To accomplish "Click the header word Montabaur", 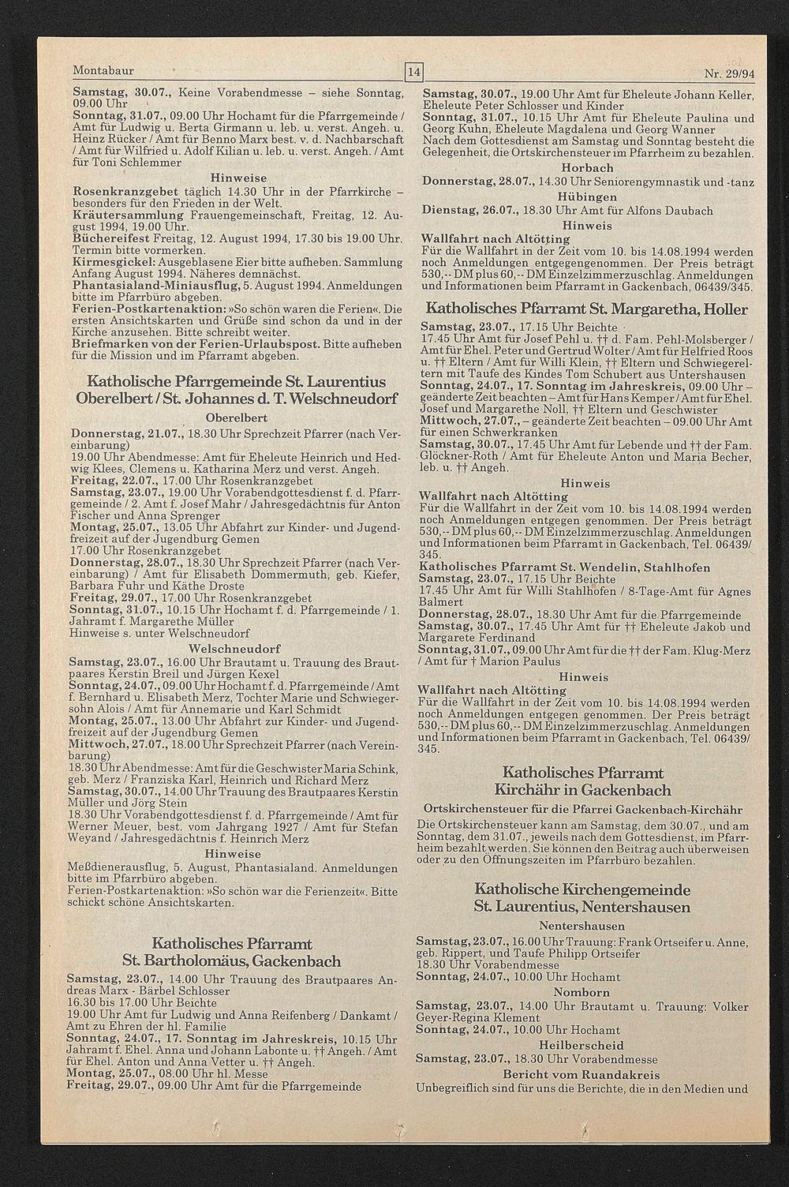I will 103,71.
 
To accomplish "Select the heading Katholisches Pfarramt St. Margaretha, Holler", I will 586,309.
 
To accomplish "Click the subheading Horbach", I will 587,168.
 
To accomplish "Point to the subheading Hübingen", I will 587,197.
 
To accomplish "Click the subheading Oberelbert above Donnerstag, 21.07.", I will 236,418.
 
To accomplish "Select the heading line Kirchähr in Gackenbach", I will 582,790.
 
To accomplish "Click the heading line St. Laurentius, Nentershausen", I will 581,907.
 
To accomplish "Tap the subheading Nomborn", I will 581,992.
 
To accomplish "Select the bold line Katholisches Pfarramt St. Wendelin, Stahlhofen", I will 564,567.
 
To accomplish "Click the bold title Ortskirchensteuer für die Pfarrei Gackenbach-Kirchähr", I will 582,810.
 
